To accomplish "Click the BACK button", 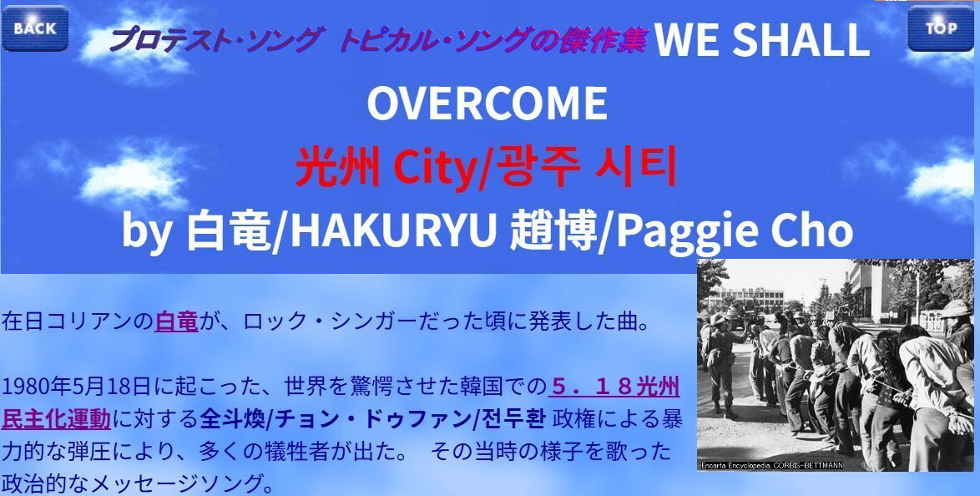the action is (x=35, y=28).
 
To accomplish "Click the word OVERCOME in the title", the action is (x=487, y=104).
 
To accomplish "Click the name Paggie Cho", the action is (x=735, y=231).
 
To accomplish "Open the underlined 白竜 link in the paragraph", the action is (x=176, y=321).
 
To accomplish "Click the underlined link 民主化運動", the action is (x=56, y=418).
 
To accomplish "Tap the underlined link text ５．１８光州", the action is (x=614, y=387).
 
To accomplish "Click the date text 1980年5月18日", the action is (x=76, y=387).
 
